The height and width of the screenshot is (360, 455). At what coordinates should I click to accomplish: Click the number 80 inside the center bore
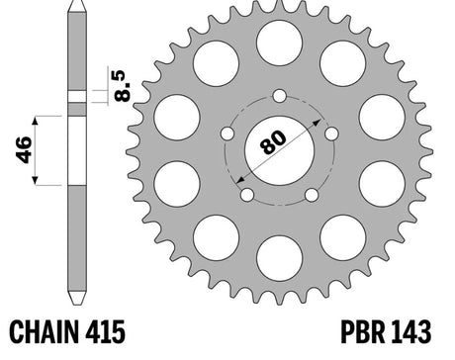point(273,142)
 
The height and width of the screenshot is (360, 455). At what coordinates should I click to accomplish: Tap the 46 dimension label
point(25,150)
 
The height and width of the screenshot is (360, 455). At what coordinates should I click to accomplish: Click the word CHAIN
point(44,331)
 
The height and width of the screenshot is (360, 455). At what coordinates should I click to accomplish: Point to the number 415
point(105,331)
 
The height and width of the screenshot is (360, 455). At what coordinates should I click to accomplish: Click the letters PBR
point(363,331)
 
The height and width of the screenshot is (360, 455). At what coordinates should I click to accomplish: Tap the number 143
point(411,331)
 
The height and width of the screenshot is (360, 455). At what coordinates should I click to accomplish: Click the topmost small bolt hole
point(280,96)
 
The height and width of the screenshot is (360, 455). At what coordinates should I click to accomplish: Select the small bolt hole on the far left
point(227,135)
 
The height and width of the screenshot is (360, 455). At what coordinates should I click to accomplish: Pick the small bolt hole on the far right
point(331,135)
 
